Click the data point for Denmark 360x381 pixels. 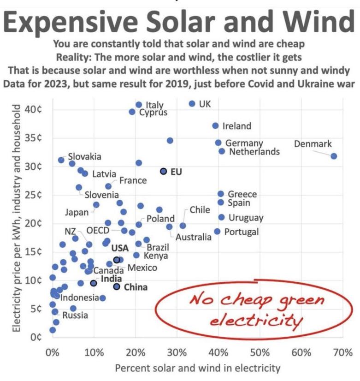tap(334, 156)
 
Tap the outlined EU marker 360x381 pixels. tap(163, 171)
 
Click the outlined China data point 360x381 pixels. tap(117, 286)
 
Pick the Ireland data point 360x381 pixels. tap(215, 125)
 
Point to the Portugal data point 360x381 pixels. tap(217, 231)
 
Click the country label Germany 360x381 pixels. tap(244, 143)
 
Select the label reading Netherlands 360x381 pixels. tap(254, 151)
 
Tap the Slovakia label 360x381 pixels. tap(85, 157)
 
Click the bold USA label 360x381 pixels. tap(120, 248)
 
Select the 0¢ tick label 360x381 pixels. tap(37, 337)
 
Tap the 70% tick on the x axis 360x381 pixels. tap(342, 353)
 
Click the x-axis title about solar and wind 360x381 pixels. tap(197, 368)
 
